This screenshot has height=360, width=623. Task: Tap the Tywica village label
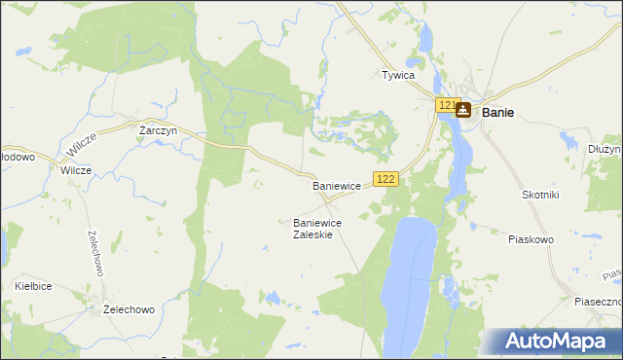coord(398,75)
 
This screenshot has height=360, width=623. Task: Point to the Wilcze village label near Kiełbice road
coord(76,169)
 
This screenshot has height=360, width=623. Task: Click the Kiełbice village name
coord(34,286)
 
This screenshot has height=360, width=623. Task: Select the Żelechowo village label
coord(129,309)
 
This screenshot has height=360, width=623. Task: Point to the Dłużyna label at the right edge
coord(605,149)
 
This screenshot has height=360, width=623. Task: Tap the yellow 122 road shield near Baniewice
coord(386,178)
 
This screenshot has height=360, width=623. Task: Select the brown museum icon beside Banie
coord(462,110)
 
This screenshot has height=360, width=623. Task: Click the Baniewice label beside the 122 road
coord(337,185)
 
